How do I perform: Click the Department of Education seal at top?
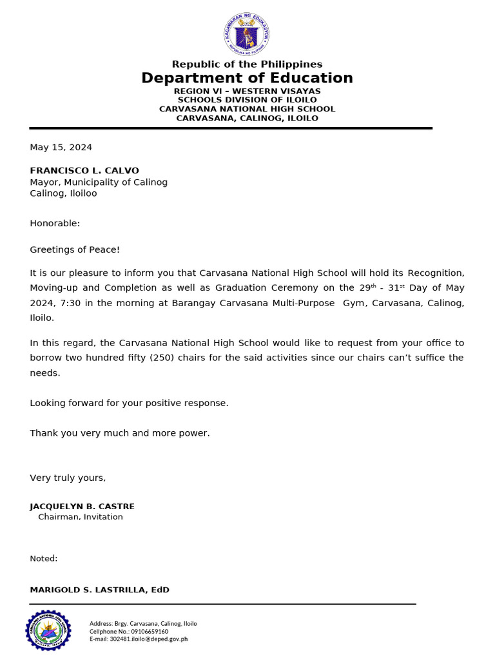[247, 34]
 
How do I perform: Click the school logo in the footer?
[48, 630]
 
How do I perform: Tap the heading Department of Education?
[247, 79]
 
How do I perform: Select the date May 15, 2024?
[61, 148]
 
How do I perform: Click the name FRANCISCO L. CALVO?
[84, 171]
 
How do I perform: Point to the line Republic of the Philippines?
[247, 64]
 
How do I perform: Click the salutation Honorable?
[55, 224]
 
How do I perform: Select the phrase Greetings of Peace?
[75, 249]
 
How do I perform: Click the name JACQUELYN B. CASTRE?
[82, 507]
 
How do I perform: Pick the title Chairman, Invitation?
[81, 517]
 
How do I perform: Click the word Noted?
[44, 559]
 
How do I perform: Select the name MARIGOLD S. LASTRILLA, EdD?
[99, 590]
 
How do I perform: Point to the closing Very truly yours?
[68, 478]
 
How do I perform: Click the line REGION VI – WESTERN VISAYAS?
[247, 92]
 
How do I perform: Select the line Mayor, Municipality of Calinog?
[99, 182]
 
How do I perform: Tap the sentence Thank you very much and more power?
[120, 433]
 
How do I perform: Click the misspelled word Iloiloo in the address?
[82, 193]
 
